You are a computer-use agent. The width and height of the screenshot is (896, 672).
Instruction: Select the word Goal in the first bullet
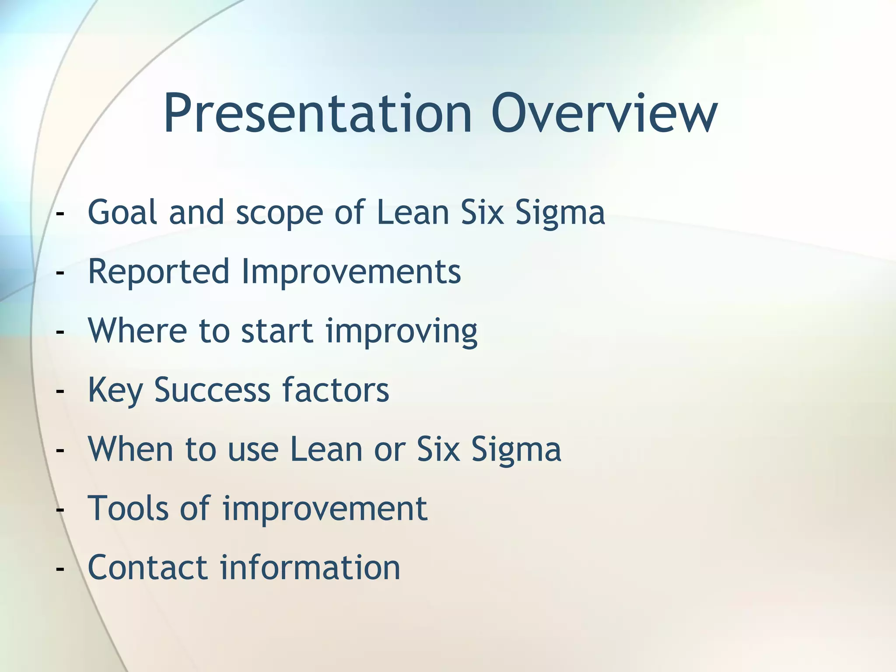click(x=122, y=212)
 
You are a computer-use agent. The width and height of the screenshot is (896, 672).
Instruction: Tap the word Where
click(x=137, y=331)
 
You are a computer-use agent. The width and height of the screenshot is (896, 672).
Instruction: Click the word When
click(x=130, y=449)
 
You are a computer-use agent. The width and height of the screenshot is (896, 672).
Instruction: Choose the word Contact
click(x=147, y=567)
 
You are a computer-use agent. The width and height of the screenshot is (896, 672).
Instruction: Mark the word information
click(x=310, y=567)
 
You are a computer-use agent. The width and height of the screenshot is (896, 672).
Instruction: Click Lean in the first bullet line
click(x=413, y=212)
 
